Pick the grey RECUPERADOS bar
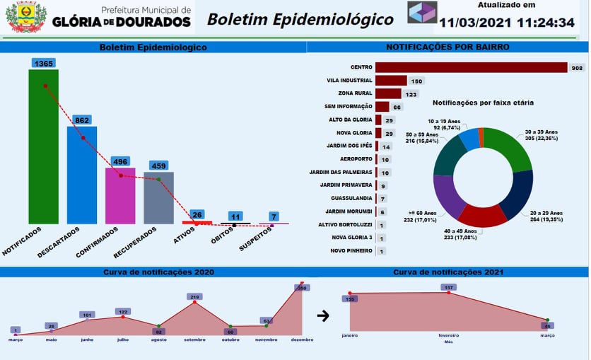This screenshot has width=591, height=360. point(158,197)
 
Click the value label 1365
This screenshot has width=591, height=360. point(44,63)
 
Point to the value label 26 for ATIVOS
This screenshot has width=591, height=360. point(197,214)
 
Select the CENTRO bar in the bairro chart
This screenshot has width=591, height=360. point(471,67)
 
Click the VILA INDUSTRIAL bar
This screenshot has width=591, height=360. point(391,81)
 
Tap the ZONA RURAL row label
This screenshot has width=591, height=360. point(355,93)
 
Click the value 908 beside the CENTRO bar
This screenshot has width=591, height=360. point(577,68)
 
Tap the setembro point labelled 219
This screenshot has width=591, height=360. point(195,297)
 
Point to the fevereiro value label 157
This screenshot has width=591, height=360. point(447,287)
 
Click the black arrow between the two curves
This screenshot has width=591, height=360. point(323,315)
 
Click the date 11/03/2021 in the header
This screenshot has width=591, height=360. point(474,23)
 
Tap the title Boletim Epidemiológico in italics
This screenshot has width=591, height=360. point(300,19)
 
